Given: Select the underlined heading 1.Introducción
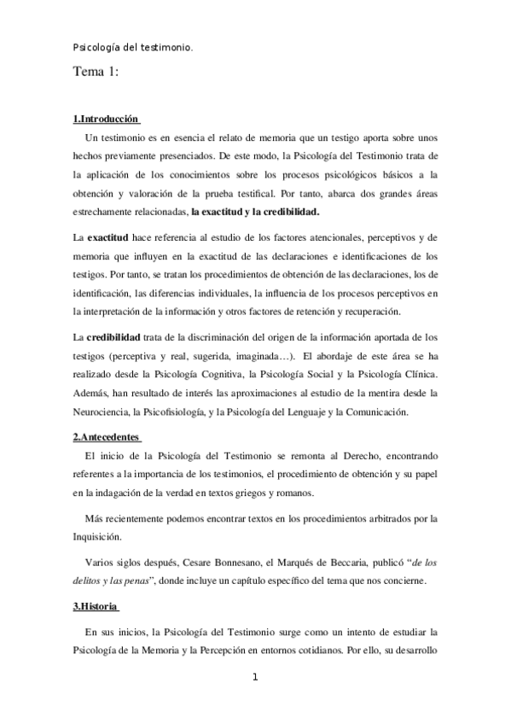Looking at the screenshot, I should (106, 119).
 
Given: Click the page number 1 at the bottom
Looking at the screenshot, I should (254, 678).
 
